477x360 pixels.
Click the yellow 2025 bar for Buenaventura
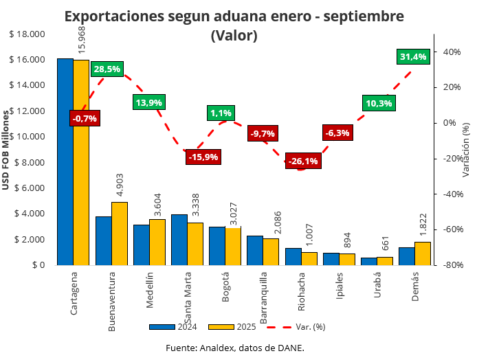120,234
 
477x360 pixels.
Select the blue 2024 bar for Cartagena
65,161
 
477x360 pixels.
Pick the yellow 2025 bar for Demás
423,254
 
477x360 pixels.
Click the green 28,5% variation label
107,69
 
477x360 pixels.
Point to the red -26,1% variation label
303,161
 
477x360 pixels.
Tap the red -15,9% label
203,157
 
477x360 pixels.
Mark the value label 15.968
82,40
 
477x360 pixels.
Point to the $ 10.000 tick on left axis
27,136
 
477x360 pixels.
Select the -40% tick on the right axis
452,194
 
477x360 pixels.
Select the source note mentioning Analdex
234,348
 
